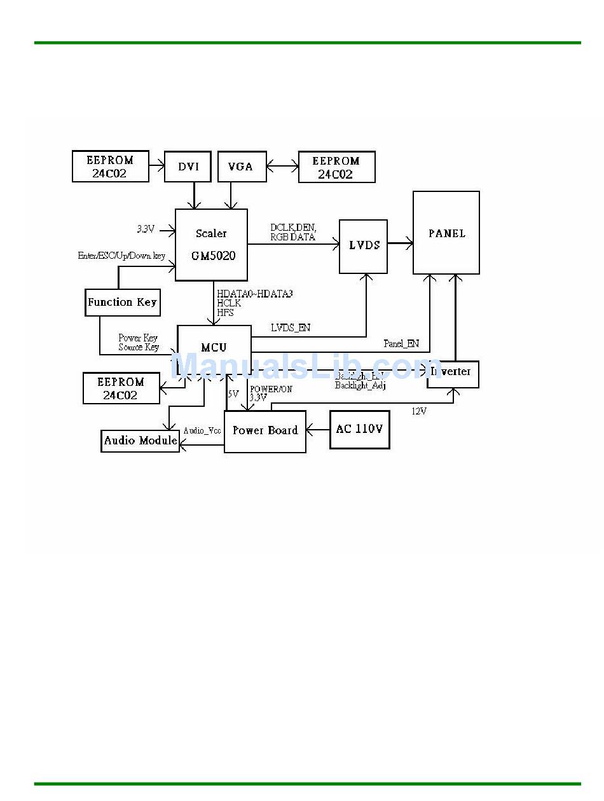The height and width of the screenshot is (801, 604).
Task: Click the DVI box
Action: (188, 167)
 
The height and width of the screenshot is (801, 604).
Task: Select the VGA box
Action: (242, 167)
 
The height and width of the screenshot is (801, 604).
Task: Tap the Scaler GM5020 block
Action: (211, 245)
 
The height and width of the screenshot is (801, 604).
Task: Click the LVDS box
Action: (364, 246)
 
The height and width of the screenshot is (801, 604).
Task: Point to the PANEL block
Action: (446, 233)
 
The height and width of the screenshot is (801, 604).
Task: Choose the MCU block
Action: (214, 348)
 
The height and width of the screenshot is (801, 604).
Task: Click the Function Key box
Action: (123, 303)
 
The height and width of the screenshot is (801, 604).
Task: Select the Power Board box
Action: (265, 431)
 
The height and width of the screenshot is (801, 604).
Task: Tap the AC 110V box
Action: (359, 430)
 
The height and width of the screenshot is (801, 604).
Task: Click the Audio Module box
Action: (141, 441)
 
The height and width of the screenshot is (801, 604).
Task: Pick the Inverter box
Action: (453, 373)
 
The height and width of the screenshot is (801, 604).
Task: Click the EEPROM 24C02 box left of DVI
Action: (111, 167)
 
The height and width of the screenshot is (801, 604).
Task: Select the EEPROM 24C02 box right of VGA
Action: (336, 167)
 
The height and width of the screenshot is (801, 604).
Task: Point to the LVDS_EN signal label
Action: (291, 328)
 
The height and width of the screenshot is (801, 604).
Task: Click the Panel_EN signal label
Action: (401, 344)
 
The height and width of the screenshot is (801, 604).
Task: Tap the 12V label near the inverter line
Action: (419, 411)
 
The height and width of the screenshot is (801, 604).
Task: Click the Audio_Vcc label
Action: (202, 431)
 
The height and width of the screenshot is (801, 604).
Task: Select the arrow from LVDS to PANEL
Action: (400, 243)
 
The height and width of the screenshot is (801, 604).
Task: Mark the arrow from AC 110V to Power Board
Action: (318, 430)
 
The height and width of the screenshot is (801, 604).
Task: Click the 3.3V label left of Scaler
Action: (146, 229)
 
